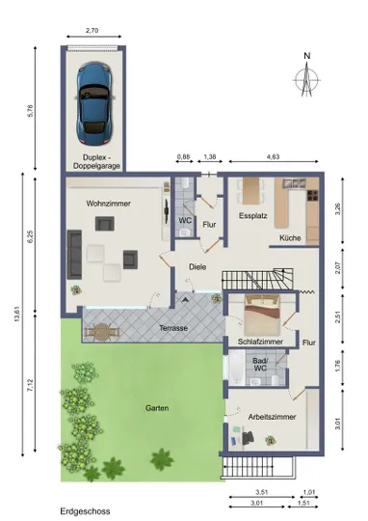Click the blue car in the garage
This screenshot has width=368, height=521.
[x=94, y=104]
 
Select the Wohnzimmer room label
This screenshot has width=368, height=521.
[x=109, y=204]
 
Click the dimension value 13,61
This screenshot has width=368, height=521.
[x=17, y=313]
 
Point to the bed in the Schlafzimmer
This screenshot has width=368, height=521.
[x=262, y=315]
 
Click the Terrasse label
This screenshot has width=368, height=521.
[x=173, y=328]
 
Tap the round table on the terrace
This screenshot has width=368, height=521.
[x=102, y=332]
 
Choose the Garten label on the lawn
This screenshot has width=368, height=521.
[x=157, y=408]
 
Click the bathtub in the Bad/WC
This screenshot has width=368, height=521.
[x=237, y=368]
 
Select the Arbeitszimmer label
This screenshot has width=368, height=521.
[x=272, y=417]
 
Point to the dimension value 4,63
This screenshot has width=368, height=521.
[x=273, y=156]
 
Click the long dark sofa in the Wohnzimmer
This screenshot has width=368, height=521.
[x=75, y=254]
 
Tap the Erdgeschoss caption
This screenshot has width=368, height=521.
[x=85, y=511]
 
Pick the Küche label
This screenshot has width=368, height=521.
[x=290, y=238]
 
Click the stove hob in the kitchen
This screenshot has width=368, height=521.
[x=312, y=195]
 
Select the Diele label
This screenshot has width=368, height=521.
[x=197, y=267]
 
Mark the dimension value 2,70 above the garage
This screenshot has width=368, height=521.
[x=92, y=30]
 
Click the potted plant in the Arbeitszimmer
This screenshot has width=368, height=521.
[x=271, y=441]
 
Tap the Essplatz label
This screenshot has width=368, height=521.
[x=252, y=216]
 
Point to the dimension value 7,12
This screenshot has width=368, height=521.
[x=31, y=386]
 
